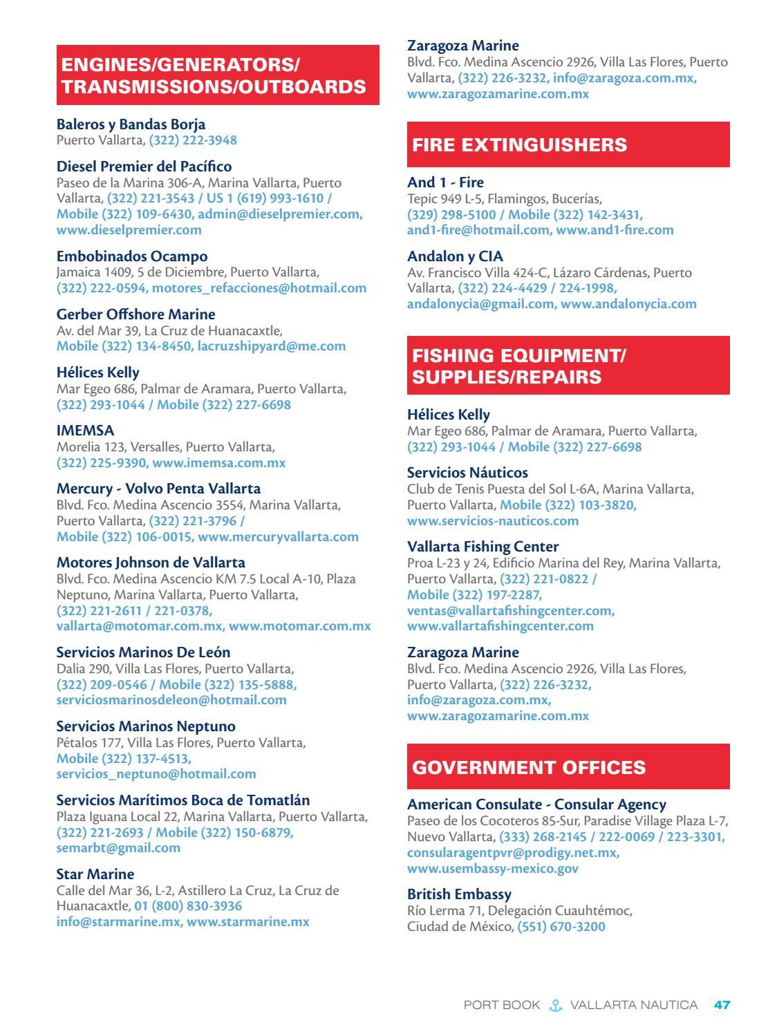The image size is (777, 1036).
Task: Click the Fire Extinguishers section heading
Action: point(519,144)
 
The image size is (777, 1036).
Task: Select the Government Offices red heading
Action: point(529,767)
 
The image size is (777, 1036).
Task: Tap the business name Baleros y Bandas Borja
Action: point(131,124)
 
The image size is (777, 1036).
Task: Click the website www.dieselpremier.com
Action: point(129,229)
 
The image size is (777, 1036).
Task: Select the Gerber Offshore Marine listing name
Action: point(135,314)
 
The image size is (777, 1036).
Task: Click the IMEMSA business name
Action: point(85,431)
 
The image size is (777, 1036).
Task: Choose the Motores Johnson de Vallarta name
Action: point(151,563)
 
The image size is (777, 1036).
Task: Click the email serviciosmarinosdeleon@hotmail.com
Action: point(171,699)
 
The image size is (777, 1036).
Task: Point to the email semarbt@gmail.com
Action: point(118,847)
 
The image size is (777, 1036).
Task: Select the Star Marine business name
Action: point(95,874)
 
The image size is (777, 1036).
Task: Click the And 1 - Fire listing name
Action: point(445,182)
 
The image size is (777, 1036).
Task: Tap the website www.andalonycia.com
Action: point(628,303)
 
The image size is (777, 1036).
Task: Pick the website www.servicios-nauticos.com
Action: point(493,520)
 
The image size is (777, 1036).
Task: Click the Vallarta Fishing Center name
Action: point(483,547)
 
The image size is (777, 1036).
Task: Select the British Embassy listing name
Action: point(459,894)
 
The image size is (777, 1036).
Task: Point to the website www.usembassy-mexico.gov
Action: point(493,868)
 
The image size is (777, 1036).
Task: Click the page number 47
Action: point(722,1005)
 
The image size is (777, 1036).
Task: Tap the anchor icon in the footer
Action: point(555,1005)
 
